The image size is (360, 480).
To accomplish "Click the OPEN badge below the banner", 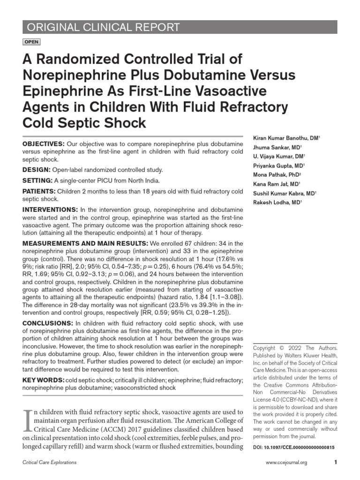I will (x=31, y=42).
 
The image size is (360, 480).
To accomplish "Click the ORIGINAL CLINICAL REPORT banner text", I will (x=101, y=27).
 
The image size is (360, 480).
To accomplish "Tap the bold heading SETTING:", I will (x=38, y=180).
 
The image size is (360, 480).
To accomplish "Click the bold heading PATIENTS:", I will (x=39, y=191).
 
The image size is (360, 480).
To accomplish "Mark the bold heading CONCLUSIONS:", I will (x=48, y=323).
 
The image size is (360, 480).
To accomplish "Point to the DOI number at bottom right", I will (x=293, y=448).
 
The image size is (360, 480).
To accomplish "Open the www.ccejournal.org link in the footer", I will (x=286, y=463).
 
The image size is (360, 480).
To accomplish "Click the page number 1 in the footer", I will (x=336, y=463).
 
